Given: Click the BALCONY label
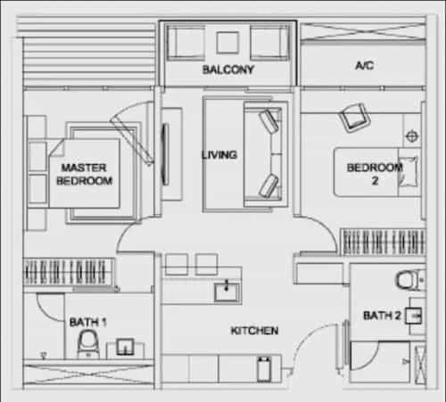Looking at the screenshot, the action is pyautogui.click(x=228, y=70).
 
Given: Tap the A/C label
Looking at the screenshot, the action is pyautogui.click(x=365, y=65).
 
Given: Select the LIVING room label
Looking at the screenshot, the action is pyautogui.click(x=219, y=155).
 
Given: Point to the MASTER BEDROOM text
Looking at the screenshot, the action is pyautogui.click(x=85, y=174).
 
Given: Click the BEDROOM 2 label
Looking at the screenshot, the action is pyautogui.click(x=375, y=174).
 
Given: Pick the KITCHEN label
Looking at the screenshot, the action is pyautogui.click(x=254, y=331).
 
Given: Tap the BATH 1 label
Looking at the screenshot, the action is pyautogui.click(x=87, y=322).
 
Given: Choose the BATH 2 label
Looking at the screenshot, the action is pyautogui.click(x=382, y=316).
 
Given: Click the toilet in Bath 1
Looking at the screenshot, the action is pyautogui.click(x=87, y=345).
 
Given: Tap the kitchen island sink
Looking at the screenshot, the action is pyautogui.click(x=227, y=292).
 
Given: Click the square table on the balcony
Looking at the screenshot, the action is pyautogui.click(x=227, y=43).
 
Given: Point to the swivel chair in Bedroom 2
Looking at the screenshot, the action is pyautogui.click(x=354, y=118).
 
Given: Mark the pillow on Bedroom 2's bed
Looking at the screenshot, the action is pyautogui.click(x=408, y=172).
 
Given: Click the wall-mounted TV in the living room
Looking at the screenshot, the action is pyautogui.click(x=165, y=154).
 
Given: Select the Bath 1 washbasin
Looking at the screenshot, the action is pyautogui.click(x=125, y=347).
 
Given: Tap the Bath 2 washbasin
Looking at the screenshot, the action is pyautogui.click(x=413, y=316).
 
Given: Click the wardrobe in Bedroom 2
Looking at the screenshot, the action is pyautogui.click(x=384, y=242).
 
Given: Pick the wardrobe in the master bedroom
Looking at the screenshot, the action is pyautogui.click(x=69, y=272).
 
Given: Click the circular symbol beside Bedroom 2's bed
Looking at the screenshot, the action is pyautogui.click(x=412, y=136).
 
